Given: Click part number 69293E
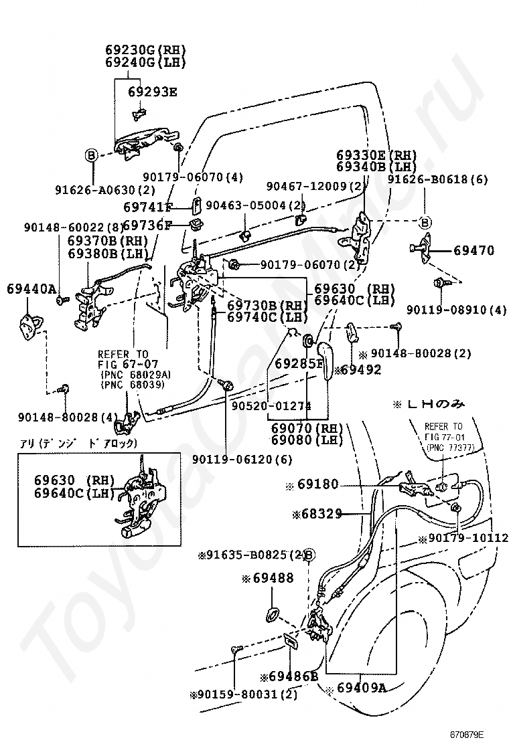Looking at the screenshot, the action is (x=152, y=92).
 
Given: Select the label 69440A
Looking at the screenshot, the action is (x=31, y=289).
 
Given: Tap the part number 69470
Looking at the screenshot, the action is (x=474, y=252).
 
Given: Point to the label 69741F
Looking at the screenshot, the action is (x=148, y=207).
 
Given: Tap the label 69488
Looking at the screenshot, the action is (x=272, y=577).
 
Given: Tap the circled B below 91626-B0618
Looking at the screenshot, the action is (x=425, y=222).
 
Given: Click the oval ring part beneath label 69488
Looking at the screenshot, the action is (x=274, y=614).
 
